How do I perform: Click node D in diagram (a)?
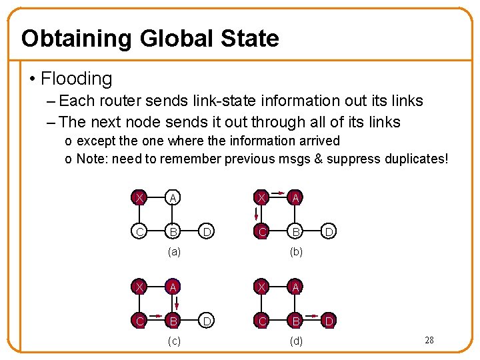point(207,232)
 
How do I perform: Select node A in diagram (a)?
point(173,198)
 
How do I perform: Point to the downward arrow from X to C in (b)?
point(257,215)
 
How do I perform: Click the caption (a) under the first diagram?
point(173,253)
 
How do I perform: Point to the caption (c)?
point(173,341)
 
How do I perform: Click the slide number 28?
point(429,340)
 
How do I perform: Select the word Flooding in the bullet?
point(76,79)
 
